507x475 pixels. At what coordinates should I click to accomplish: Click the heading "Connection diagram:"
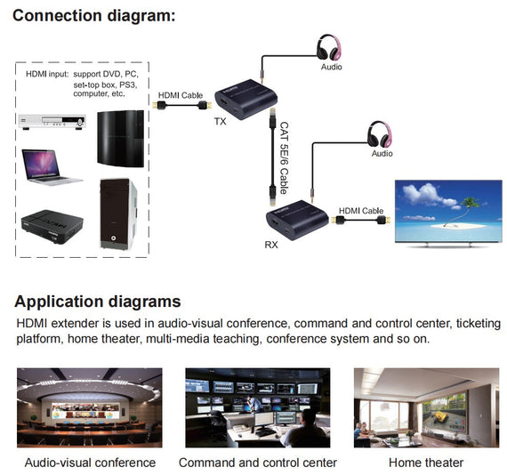click(x=93, y=15)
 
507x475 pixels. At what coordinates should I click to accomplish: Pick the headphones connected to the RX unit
click(x=382, y=133)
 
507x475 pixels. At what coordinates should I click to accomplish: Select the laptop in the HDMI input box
click(x=52, y=166)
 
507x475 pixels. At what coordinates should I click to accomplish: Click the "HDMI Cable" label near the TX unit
click(x=181, y=94)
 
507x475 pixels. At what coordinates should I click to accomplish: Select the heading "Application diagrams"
click(x=98, y=302)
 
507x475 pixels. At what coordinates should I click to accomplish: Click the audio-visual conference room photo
click(x=90, y=407)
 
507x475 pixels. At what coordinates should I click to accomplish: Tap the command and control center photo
click(x=258, y=407)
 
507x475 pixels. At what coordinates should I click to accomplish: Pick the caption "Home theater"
click(x=426, y=463)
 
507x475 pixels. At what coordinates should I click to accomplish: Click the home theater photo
click(x=426, y=407)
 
